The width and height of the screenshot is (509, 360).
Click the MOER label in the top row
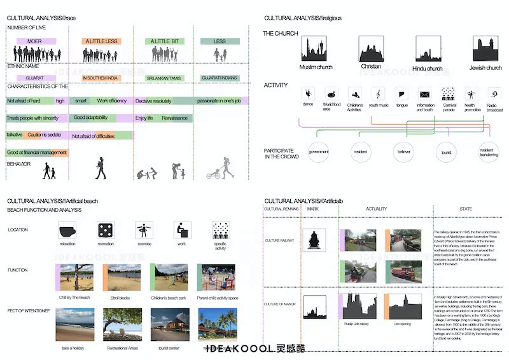(34, 41)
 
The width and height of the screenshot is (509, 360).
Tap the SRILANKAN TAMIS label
(164, 78)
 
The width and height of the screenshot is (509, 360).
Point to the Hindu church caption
(427, 68)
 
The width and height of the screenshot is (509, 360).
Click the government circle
(319, 152)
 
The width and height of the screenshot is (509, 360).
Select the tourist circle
(446, 152)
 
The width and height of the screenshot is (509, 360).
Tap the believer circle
(405, 152)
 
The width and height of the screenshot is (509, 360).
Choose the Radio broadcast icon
(491, 94)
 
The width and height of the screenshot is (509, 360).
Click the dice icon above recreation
(105, 230)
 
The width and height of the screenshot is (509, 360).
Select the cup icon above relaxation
(67, 230)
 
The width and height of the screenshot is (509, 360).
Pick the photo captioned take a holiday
(74, 324)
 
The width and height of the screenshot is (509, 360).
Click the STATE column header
(465, 209)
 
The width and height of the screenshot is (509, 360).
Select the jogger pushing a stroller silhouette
(221, 169)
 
